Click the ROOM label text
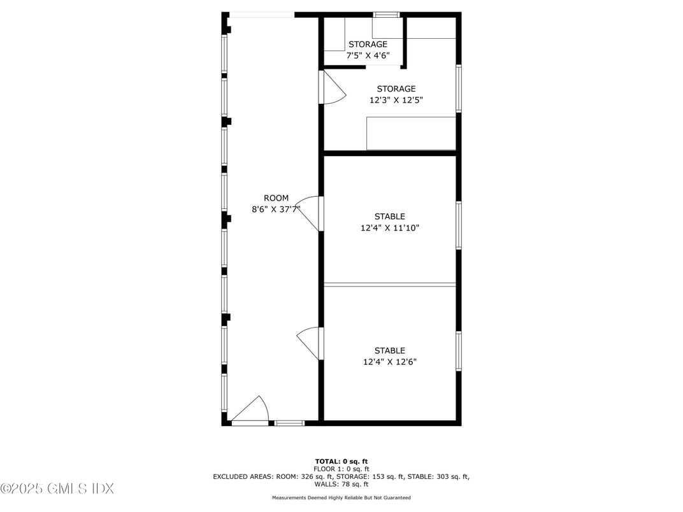pyautogui.click(x=277, y=198)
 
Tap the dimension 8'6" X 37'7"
pyautogui.click(x=277, y=209)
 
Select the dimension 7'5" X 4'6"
pyautogui.click(x=368, y=55)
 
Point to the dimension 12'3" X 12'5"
pyautogui.click(x=396, y=100)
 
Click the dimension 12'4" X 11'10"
pyautogui.click(x=390, y=227)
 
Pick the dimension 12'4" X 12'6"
pyautogui.click(x=390, y=362)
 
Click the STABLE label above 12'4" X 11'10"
pyautogui.click(x=390, y=217)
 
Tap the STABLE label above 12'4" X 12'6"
pyautogui.click(x=390, y=351)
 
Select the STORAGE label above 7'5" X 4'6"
pyautogui.click(x=368, y=45)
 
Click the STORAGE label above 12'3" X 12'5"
pyautogui.click(x=396, y=89)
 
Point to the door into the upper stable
pyautogui.click(x=311, y=213)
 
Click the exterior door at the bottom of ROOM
pyautogui.click(x=250, y=410)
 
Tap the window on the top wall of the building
pyautogui.click(x=386, y=14)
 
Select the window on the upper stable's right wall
pyautogui.click(x=458, y=225)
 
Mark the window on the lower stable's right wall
pyautogui.click(x=458, y=351)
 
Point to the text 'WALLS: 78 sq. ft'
pyautogui.click(x=341, y=484)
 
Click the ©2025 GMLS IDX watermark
pyautogui.click(x=57, y=489)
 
